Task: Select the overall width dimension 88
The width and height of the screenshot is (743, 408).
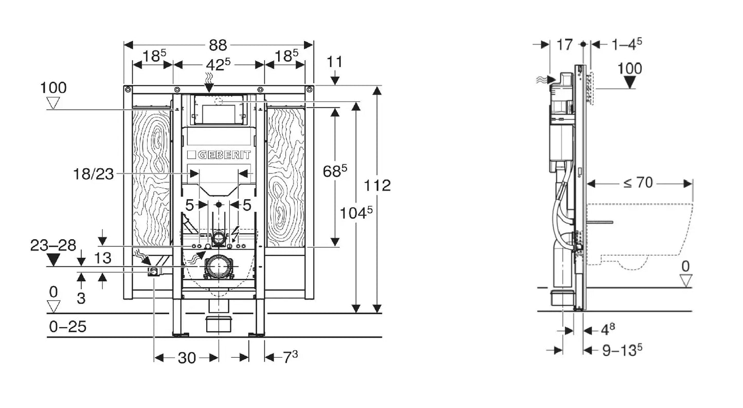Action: [218, 45]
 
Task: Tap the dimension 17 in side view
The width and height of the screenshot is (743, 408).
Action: [564, 45]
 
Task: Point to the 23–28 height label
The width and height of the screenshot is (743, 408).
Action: [53, 245]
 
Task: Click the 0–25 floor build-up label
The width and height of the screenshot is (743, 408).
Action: [67, 326]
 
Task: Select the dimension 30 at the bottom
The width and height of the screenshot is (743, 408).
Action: [187, 358]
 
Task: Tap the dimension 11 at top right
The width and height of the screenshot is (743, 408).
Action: [335, 62]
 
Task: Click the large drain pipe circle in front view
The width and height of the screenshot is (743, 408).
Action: [219, 266]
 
